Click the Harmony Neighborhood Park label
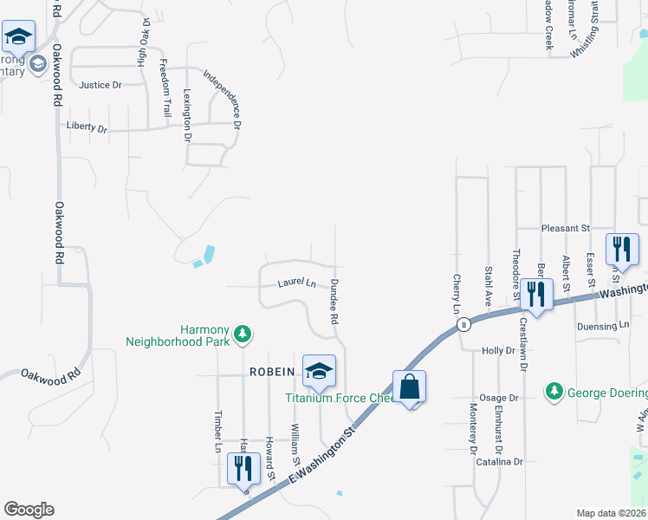pyautogui.click(x=178, y=335)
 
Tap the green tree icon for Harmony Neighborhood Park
pyautogui.click(x=244, y=333)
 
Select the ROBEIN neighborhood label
pyautogui.click(x=273, y=372)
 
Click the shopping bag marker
pyautogui.click(x=409, y=387)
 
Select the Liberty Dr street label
pyautogui.click(x=87, y=128)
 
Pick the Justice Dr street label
pyautogui.click(x=100, y=85)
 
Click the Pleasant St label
pyautogui.click(x=565, y=228)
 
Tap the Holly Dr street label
pyautogui.click(x=498, y=351)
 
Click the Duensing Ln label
pyautogui.click(x=603, y=327)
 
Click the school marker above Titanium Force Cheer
pyautogui.click(x=318, y=371)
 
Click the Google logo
pyautogui.click(x=29, y=510)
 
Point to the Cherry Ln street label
pyautogui.click(x=456, y=294)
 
